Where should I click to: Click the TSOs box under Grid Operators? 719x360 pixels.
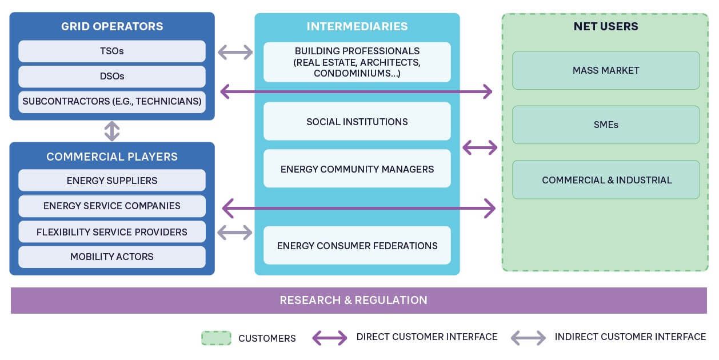coord(112,51)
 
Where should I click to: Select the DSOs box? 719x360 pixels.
coord(112,77)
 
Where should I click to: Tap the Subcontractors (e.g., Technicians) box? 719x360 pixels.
coord(112,102)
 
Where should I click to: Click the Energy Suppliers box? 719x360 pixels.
coord(112,180)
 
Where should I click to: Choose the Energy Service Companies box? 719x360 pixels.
coord(112,206)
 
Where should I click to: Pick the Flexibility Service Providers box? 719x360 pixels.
coord(112,231)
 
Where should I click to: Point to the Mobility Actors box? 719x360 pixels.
coord(112,257)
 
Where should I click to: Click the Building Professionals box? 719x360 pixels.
coord(357,62)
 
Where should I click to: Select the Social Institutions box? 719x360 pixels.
coord(357,121)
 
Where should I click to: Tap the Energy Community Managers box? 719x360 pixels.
coord(357,169)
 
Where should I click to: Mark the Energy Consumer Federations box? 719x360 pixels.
coord(357,245)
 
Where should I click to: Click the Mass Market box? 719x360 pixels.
coord(606,70)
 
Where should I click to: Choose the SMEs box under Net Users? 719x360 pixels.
coord(606,125)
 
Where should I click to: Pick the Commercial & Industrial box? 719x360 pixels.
coord(606,179)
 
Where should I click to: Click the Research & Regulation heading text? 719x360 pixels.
coord(353,300)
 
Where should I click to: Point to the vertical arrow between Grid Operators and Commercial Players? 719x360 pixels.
coord(112,131)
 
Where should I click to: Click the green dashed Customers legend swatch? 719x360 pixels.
coord(216,338)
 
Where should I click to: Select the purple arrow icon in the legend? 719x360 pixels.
coord(330,338)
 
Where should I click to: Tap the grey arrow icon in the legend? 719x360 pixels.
coord(528,338)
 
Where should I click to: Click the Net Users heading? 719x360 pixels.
coord(606,26)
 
